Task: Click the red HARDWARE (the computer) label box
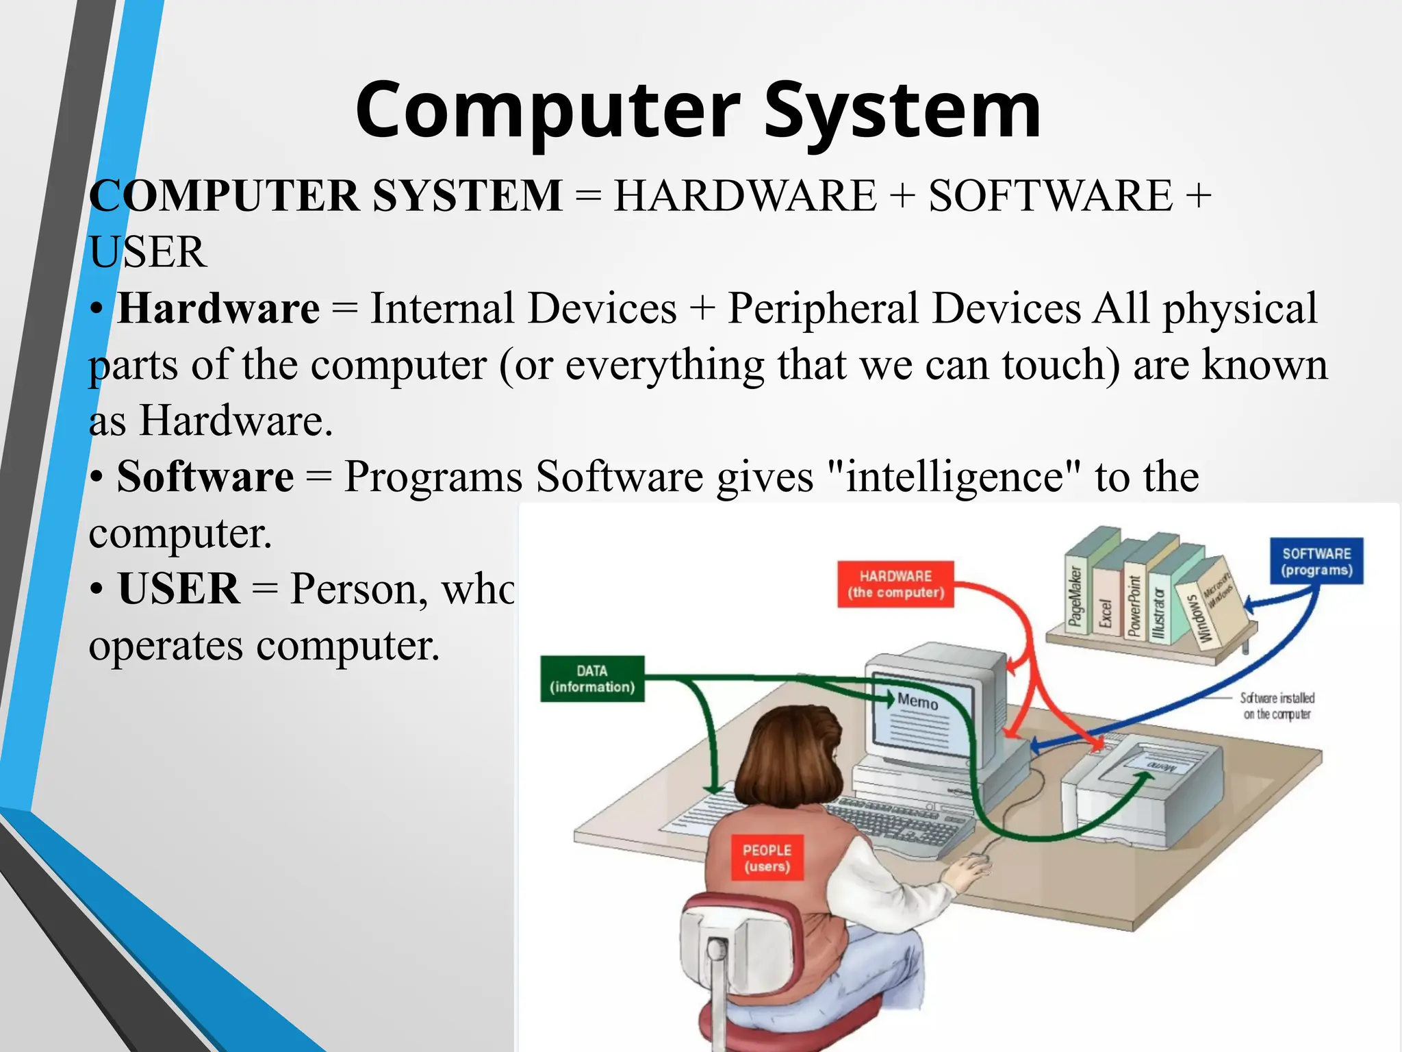(895, 584)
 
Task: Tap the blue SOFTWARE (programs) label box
(1316, 562)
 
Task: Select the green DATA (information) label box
(592, 679)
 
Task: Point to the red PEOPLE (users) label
(767, 857)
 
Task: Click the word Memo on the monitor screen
(917, 701)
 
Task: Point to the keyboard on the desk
(897, 822)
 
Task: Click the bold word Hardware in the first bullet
(218, 308)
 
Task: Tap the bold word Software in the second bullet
(205, 477)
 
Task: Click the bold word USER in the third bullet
(179, 589)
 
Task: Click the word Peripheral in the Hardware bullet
(822, 308)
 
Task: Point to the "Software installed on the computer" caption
(1277, 706)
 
